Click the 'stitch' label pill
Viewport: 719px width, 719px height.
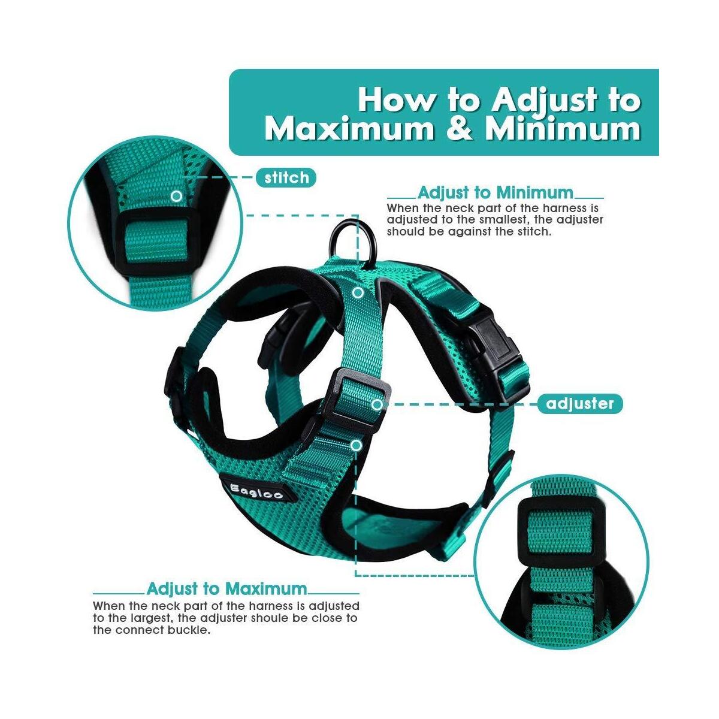[286, 177]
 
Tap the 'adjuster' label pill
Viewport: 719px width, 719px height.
[580, 404]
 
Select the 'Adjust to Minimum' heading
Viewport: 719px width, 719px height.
[495, 193]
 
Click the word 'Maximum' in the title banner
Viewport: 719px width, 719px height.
[349, 129]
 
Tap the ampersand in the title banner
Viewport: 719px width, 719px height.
[458, 129]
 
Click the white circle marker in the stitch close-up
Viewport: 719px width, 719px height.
[176, 196]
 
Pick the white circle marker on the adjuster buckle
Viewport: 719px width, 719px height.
[377, 404]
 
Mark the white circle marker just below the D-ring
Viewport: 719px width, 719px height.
[358, 293]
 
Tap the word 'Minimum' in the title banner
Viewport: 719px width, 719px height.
[563, 129]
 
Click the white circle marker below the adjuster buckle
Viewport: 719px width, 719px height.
[357, 445]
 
